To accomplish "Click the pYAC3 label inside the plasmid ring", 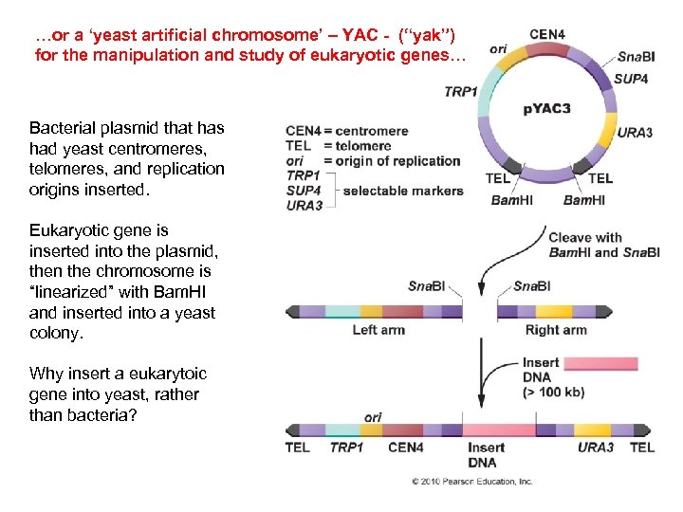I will [547, 109].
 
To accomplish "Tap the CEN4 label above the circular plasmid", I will [547, 34].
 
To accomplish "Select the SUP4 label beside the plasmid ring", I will [631, 80].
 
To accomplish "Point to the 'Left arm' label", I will [378, 330].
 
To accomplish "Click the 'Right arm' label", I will [555, 330].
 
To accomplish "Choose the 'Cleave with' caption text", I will [586, 238].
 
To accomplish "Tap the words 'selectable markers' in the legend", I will [403, 191].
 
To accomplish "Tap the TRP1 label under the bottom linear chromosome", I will [347, 448].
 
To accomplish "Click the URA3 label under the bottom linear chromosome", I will [596, 448].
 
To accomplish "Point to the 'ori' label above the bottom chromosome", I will [373, 417].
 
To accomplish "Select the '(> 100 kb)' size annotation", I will [554, 392].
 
